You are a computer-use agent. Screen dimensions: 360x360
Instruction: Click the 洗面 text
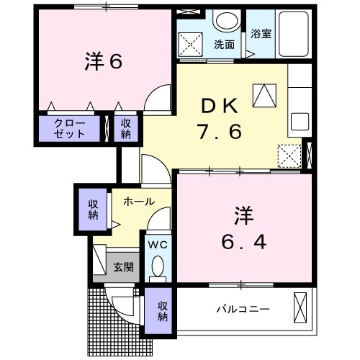(x=224, y=44)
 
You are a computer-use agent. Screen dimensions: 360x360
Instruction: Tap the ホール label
(x=138, y=202)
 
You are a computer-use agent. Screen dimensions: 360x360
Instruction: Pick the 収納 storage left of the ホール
(x=94, y=210)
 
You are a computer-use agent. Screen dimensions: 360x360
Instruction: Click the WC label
(x=157, y=244)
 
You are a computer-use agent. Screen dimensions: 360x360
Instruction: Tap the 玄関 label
(x=123, y=267)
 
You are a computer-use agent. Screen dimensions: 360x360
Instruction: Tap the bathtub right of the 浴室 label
(x=291, y=37)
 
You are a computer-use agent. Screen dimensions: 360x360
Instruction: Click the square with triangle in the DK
(x=262, y=93)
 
